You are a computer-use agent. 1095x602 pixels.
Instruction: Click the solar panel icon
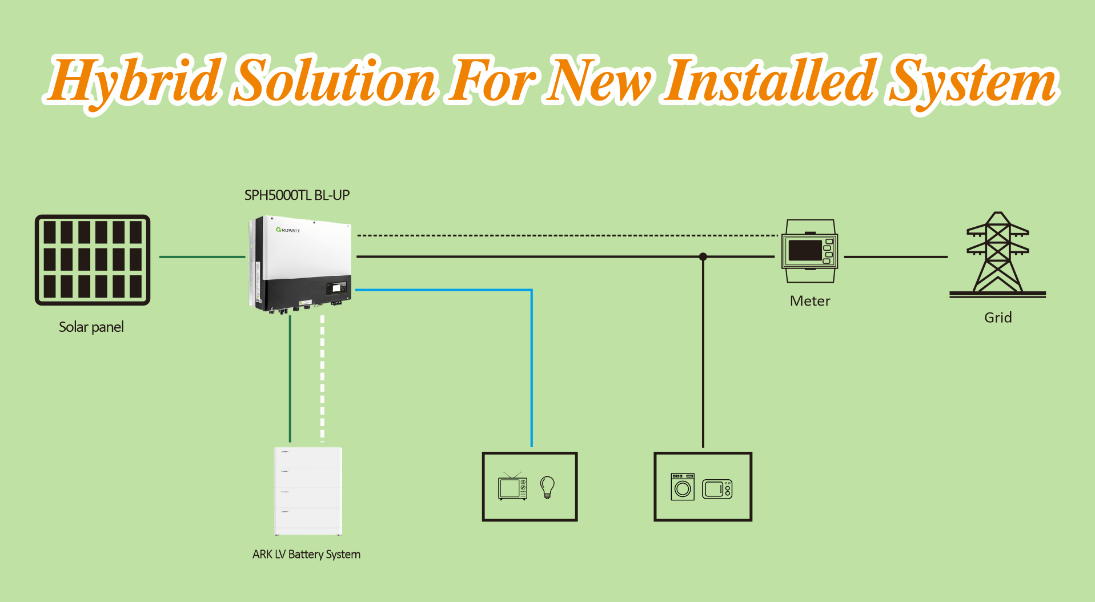coord(93,260)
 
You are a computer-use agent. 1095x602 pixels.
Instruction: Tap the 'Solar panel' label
coord(91,327)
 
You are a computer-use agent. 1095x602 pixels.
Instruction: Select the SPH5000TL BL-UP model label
coord(297,195)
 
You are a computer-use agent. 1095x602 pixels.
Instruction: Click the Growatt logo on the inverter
coord(288,230)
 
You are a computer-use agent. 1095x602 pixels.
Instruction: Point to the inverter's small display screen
coord(336,288)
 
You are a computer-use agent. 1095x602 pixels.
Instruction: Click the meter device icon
coord(810,251)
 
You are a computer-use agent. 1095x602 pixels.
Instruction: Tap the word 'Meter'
coord(810,301)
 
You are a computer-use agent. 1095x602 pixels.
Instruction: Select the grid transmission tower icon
coord(997,255)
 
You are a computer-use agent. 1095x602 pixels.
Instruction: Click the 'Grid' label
coord(998,318)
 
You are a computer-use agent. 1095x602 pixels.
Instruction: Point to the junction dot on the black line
coord(703,257)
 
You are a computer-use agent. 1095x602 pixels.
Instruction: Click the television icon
coord(512,486)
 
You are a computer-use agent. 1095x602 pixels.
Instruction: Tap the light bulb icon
coord(547,488)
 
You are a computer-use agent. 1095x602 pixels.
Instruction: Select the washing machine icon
coord(683,487)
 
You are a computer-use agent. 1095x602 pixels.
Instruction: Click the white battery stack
coord(308,491)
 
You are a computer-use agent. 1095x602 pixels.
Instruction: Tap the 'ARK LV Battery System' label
coord(306,555)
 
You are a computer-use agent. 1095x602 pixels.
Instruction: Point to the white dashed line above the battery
coord(323,379)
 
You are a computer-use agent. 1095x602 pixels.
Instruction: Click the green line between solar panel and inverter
coord(202,257)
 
